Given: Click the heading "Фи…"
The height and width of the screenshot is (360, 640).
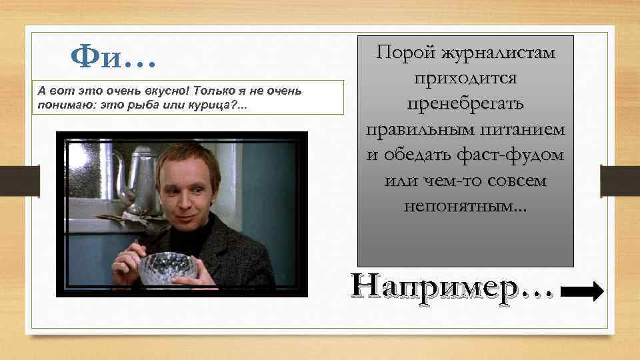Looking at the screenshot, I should click(x=114, y=59).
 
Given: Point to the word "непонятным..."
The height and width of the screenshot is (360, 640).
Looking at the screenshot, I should click(x=465, y=206).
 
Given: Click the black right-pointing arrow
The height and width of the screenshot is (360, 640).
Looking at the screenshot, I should click(x=583, y=291).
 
